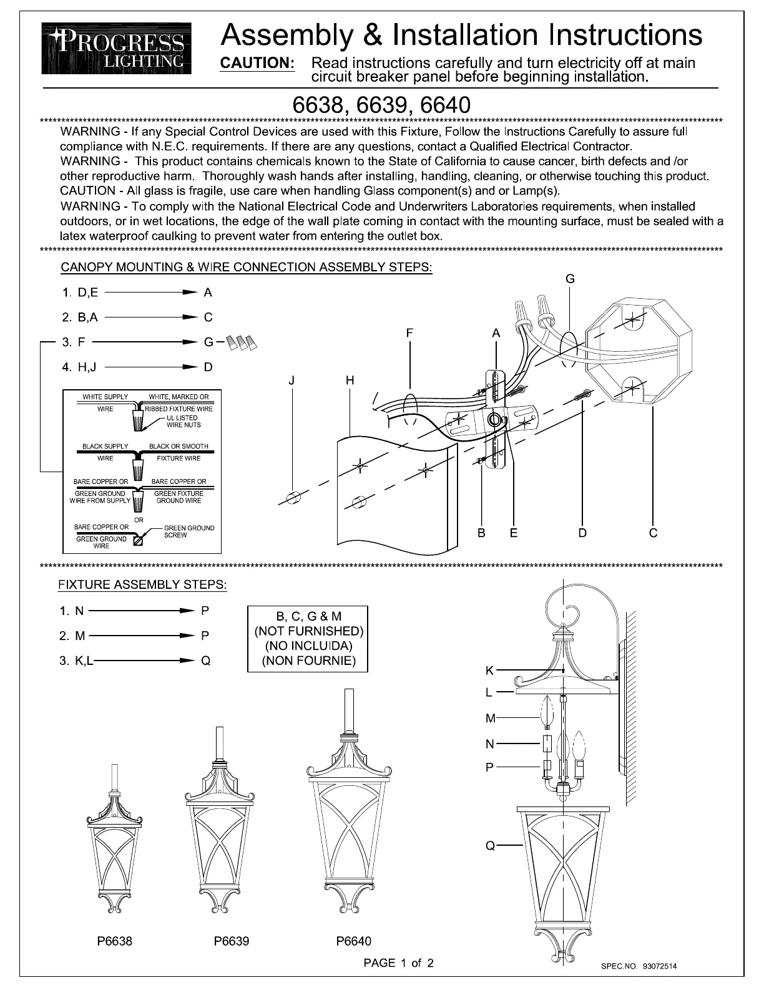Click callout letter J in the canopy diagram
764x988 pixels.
click(x=291, y=380)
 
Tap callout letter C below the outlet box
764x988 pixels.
click(x=653, y=533)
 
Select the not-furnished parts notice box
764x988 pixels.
click(x=308, y=639)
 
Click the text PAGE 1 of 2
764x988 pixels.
click(x=398, y=963)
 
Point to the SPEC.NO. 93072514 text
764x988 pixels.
click(x=638, y=966)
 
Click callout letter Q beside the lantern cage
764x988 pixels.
click(x=490, y=846)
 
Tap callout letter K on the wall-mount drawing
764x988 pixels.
click(x=490, y=671)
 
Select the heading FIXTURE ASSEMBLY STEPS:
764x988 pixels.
click(x=142, y=585)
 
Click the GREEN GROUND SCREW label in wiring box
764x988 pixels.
click(x=189, y=531)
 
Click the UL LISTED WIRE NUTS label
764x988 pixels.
click(x=183, y=422)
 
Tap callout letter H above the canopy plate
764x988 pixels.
click(x=350, y=380)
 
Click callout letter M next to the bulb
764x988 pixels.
click(x=490, y=719)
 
